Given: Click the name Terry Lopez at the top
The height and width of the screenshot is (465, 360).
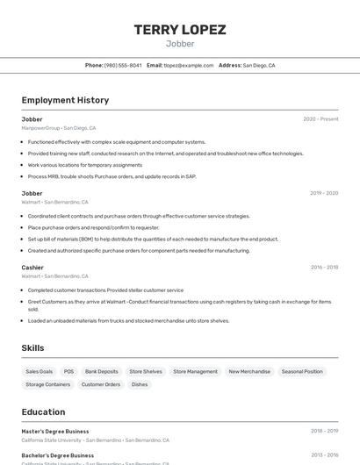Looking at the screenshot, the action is pos(180,29).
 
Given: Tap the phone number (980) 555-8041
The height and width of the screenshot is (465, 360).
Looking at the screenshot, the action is pos(123,65).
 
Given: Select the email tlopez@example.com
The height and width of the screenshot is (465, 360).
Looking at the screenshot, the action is pos(189,65).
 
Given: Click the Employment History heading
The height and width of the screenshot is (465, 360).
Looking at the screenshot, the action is pos(65,100).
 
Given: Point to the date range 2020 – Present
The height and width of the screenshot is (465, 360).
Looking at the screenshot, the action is pos(320,119).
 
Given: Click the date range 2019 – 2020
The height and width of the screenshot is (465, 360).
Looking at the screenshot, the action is pos(324,193).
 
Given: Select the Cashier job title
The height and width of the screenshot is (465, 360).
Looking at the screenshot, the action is pos(32,268).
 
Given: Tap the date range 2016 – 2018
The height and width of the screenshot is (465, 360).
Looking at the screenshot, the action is pos(324,268).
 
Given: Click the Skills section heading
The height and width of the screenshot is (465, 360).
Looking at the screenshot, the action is pos(32,348).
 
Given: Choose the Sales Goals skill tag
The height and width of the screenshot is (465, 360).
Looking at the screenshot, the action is pos(39,371).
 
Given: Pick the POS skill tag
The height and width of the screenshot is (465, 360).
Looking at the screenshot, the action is pos(68,371).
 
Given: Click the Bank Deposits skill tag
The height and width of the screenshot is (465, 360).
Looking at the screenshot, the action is pos(102,371).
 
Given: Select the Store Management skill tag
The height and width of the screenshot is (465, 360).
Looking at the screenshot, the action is pos(195,371).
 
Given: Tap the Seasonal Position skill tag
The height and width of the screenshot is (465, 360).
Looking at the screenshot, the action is pos(302,371).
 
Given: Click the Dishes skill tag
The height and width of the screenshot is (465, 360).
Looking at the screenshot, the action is pos(140,384).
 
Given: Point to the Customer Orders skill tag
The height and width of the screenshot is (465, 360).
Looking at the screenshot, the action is pos(101,384).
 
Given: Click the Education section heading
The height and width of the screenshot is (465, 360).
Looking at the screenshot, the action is pos(43,411).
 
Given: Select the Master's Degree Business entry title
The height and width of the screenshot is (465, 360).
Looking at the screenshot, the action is pos(55,432).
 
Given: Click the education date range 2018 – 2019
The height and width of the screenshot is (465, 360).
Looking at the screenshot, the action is pos(324,432).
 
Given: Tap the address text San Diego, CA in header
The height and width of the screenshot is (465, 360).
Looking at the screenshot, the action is pos(259,65).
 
